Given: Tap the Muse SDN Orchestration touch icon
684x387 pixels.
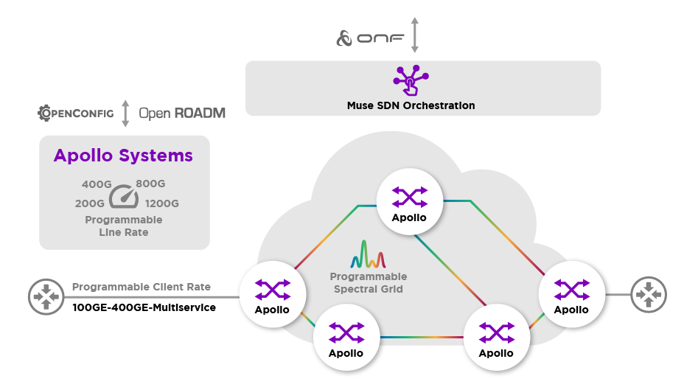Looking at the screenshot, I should tap(411, 80).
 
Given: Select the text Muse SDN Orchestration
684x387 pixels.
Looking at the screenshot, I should tap(411, 105).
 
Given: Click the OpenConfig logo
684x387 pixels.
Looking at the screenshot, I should tap(76, 113).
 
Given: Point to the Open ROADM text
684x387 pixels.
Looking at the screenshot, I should tap(182, 114).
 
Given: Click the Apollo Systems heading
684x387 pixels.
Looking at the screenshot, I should tap(123, 156).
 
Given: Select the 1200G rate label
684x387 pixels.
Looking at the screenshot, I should tap(162, 203).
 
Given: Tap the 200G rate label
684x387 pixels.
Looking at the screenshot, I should tap(91, 203).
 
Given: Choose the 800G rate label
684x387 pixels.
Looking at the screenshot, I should tap(150, 184).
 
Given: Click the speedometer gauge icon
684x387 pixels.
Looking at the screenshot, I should tap(124, 197).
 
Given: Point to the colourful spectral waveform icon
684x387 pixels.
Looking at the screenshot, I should tap(368, 254).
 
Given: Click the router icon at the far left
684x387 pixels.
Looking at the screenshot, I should tap(46, 296).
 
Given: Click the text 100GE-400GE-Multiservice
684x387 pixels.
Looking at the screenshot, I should tap(144, 307).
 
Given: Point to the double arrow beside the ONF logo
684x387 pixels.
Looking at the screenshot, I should tap(415, 35).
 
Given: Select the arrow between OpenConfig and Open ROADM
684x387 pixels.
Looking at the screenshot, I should tap(125, 114).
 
